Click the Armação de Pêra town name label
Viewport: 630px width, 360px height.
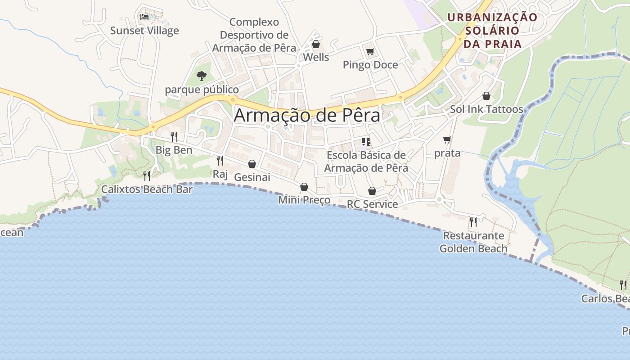tap(307, 115)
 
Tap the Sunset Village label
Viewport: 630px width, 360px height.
tap(144, 31)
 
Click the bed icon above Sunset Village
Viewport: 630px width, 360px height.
tap(144, 17)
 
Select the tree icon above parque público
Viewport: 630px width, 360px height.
tap(202, 76)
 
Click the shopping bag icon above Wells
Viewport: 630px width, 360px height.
tap(316, 44)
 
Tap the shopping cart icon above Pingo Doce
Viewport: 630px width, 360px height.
tap(370, 51)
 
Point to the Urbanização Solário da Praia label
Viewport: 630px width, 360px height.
tap(492, 31)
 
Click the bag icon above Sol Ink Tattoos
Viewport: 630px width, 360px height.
tap(486, 96)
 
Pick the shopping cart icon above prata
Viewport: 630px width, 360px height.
tap(447, 140)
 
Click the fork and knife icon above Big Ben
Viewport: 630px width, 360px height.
tap(174, 136)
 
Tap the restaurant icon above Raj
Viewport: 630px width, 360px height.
tap(220, 160)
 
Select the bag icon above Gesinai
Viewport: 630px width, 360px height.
tap(252, 164)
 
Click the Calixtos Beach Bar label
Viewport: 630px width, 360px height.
tap(147, 189)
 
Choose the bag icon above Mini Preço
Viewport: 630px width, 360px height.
tap(304, 187)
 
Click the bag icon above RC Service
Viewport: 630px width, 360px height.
tap(372, 191)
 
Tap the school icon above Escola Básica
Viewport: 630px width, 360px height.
tap(366, 142)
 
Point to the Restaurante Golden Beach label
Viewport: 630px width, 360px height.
tap(473, 242)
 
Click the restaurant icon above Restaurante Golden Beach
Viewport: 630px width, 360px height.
tap(473, 222)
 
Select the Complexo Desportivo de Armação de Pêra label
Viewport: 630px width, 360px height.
tap(254, 35)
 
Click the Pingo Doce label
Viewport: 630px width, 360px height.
tap(370, 65)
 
